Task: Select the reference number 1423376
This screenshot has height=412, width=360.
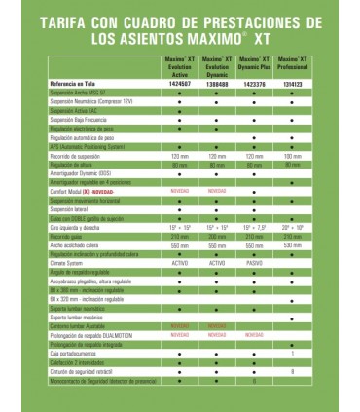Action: [x=255, y=85]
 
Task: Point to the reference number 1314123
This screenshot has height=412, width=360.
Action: [x=293, y=85]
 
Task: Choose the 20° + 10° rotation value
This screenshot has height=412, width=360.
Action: [x=293, y=227]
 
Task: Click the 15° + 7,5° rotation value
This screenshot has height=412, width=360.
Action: [x=255, y=227]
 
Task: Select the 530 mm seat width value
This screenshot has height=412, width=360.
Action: [x=293, y=245]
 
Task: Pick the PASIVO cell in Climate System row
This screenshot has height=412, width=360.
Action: [x=255, y=263]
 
